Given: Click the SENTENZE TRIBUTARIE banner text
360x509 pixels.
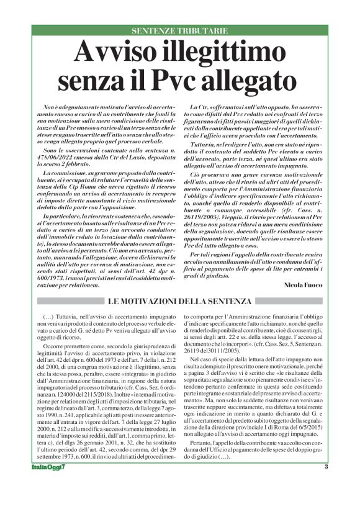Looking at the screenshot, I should click(x=179, y=30).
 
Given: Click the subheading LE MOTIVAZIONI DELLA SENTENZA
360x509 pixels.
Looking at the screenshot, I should click(x=180, y=302).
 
